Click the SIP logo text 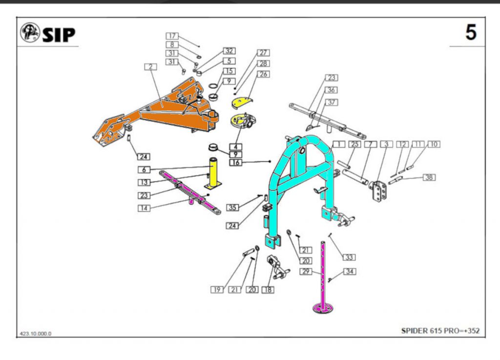pos(58,34)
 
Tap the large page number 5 pos(470,33)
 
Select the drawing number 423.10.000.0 pos(36,334)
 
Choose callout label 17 pos(172,36)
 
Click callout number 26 pos(264,74)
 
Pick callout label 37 pos(332,102)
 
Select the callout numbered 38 pos(429,177)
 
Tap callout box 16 pos(235,163)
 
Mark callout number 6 pos(144,170)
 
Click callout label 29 pos(306,271)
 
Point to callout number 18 pos(268,290)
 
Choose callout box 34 pos(350,271)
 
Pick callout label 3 pos(387,145)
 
